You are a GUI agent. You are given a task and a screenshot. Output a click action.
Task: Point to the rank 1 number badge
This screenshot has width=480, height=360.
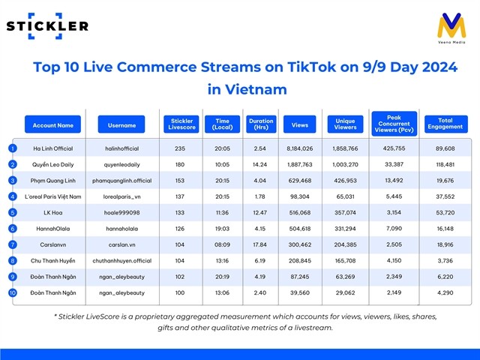(12, 148)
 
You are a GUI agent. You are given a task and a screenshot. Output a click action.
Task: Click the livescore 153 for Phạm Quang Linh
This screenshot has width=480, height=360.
(181, 180)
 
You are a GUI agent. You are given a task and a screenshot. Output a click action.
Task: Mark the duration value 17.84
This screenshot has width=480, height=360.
(261, 244)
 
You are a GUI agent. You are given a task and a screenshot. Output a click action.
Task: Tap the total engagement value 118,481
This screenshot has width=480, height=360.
(445, 164)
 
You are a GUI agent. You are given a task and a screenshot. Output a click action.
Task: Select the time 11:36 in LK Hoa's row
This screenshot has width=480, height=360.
(222, 212)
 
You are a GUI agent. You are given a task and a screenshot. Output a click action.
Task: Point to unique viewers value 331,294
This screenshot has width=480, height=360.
(346, 228)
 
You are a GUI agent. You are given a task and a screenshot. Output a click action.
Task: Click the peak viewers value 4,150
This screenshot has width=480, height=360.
(394, 260)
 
